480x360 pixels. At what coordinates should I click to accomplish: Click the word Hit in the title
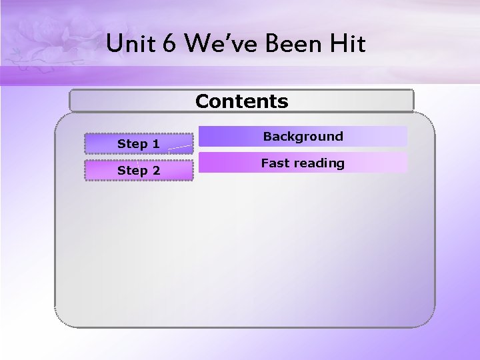[x=347, y=44]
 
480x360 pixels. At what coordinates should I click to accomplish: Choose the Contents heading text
[x=242, y=101]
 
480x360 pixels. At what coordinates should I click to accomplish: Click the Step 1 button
[x=139, y=143]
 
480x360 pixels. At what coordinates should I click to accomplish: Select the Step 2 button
[x=139, y=171]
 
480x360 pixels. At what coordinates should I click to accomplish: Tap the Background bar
[x=303, y=137]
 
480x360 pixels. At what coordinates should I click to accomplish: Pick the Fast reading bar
[x=303, y=163]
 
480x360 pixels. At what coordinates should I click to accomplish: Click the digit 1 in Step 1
[x=156, y=144]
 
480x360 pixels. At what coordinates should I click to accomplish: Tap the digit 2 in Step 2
[x=156, y=171]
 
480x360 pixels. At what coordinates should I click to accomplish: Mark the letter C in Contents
[x=202, y=101]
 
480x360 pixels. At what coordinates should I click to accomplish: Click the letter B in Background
[x=267, y=137]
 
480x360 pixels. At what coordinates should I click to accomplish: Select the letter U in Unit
[x=114, y=44]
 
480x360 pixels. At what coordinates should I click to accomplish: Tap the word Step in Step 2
[x=131, y=171]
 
